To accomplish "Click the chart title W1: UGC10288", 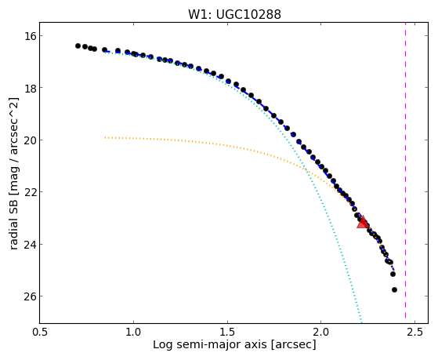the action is tap(234, 14).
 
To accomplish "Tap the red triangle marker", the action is tap(363, 222).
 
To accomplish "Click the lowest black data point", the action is tap(394, 289).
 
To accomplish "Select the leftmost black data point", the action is tap(78, 45).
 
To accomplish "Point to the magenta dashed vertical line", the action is tap(405, 173).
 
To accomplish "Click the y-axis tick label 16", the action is tap(29, 36).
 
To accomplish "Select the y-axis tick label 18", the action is tap(29, 88).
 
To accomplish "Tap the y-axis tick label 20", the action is tap(29, 140).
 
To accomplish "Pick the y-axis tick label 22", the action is tap(29, 192).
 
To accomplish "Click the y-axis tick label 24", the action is tap(29, 244).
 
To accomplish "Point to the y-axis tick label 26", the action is tap(29, 296).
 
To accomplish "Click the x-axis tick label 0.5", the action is tap(40, 332).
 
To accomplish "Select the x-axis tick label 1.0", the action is tap(133, 332).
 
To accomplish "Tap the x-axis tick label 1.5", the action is tap(227, 332).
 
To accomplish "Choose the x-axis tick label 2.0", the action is tap(321, 332).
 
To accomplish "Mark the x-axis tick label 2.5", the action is tap(414, 332).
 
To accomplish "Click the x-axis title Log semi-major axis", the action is tap(210, 345).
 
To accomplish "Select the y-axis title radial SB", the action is tap(14, 220).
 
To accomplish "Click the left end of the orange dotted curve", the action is tap(105, 137).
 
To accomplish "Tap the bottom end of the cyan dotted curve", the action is tap(361, 322).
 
